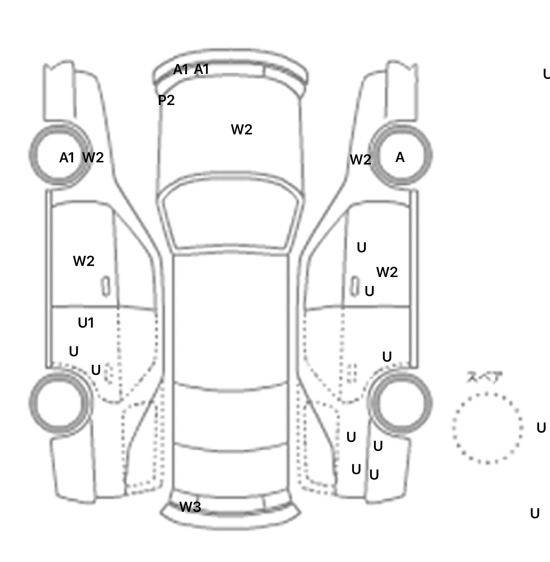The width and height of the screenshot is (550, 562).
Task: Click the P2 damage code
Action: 166,100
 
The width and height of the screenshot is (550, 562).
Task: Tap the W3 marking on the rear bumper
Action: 190,507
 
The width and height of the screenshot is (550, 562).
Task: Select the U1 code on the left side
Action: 86,323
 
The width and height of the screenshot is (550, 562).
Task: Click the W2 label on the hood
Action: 242,129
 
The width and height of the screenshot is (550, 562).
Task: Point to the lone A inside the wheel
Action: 400,157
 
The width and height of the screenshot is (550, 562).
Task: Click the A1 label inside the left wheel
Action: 67,158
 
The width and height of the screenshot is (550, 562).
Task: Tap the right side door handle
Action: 354,286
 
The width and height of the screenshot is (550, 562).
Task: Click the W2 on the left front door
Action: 83,261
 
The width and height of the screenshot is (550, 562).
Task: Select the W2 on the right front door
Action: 387,272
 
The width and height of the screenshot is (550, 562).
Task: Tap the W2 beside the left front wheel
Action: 93,157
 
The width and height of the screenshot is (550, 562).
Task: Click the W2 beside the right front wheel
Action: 360,160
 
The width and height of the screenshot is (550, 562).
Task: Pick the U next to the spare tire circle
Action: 541,428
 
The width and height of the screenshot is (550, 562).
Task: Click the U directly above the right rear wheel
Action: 387,357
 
